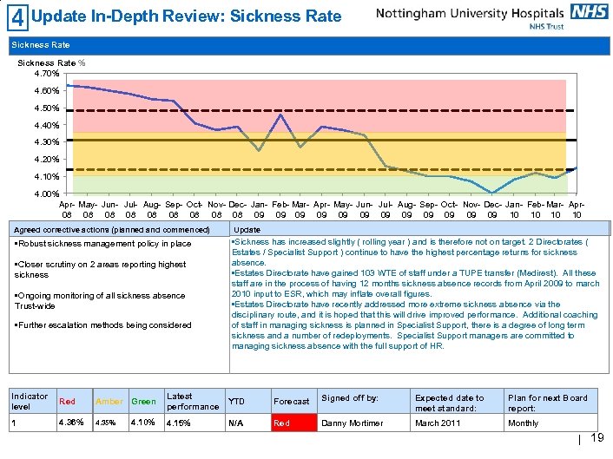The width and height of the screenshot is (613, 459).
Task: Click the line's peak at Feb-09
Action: (280, 115)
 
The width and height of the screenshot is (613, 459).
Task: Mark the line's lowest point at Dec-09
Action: (492, 193)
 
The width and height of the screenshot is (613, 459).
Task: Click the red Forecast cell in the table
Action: (292, 423)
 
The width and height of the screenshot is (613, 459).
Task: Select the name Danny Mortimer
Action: (347, 423)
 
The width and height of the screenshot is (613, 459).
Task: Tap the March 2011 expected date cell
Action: (438, 423)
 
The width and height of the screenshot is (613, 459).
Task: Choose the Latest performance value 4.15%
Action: (180, 423)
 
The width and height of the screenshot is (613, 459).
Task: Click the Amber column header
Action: (109, 402)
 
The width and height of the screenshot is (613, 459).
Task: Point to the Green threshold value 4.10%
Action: (143, 423)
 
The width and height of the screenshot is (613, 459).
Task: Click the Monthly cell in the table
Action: (524, 423)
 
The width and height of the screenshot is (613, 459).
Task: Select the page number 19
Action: (597, 439)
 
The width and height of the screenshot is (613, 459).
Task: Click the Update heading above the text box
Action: (247, 229)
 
